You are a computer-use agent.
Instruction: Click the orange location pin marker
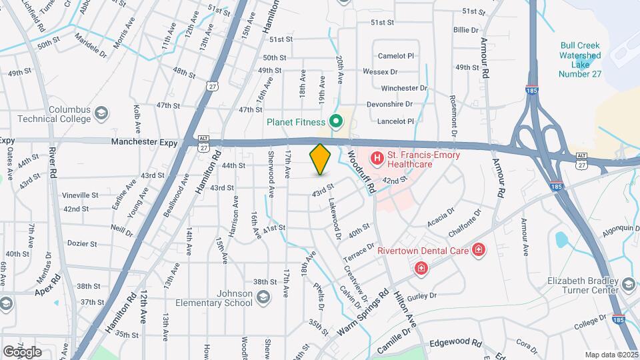(x=321, y=159)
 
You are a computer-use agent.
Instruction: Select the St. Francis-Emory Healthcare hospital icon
(x=377, y=158)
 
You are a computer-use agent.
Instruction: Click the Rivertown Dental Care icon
(x=478, y=251)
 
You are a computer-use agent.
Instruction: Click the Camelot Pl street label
(x=396, y=56)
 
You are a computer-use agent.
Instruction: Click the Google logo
(x=22, y=351)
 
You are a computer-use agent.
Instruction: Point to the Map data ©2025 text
(x=611, y=355)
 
